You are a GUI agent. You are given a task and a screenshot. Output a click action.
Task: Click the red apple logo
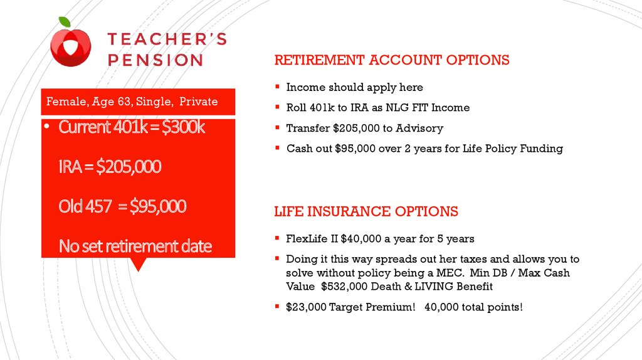70,46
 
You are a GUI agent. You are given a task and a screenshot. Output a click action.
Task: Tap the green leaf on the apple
65,22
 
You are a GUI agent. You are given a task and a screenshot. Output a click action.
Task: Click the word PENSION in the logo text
155,60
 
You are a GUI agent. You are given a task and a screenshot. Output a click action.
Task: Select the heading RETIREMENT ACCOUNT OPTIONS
392,60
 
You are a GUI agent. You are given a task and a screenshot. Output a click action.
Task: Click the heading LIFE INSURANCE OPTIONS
366,211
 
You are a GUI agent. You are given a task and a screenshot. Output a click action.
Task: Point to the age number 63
124,102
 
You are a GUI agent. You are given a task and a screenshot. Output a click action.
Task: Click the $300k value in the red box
184,127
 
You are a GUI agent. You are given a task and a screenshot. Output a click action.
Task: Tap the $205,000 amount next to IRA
129,167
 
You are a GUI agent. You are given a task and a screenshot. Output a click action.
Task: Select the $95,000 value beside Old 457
158,206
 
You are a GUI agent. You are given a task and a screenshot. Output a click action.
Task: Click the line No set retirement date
135,246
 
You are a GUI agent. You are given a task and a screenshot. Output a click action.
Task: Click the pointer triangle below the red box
139,265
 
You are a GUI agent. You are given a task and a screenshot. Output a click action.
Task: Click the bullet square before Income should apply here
277,87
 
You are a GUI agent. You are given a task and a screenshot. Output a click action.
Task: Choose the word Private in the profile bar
199,102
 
